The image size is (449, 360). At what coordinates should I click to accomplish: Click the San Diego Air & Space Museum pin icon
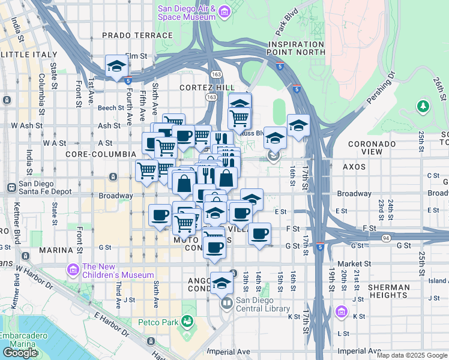click(x=224, y=11)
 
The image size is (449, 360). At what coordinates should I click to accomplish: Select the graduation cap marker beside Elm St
click(x=115, y=67)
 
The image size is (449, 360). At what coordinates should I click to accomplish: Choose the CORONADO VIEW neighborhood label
click(x=372, y=148)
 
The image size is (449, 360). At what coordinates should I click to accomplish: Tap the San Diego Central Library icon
click(x=226, y=302)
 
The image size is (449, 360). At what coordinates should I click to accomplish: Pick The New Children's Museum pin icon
click(x=73, y=270)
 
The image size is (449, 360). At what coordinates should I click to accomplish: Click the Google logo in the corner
click(x=20, y=353)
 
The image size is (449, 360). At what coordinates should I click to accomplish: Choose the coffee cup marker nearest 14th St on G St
click(x=259, y=233)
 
